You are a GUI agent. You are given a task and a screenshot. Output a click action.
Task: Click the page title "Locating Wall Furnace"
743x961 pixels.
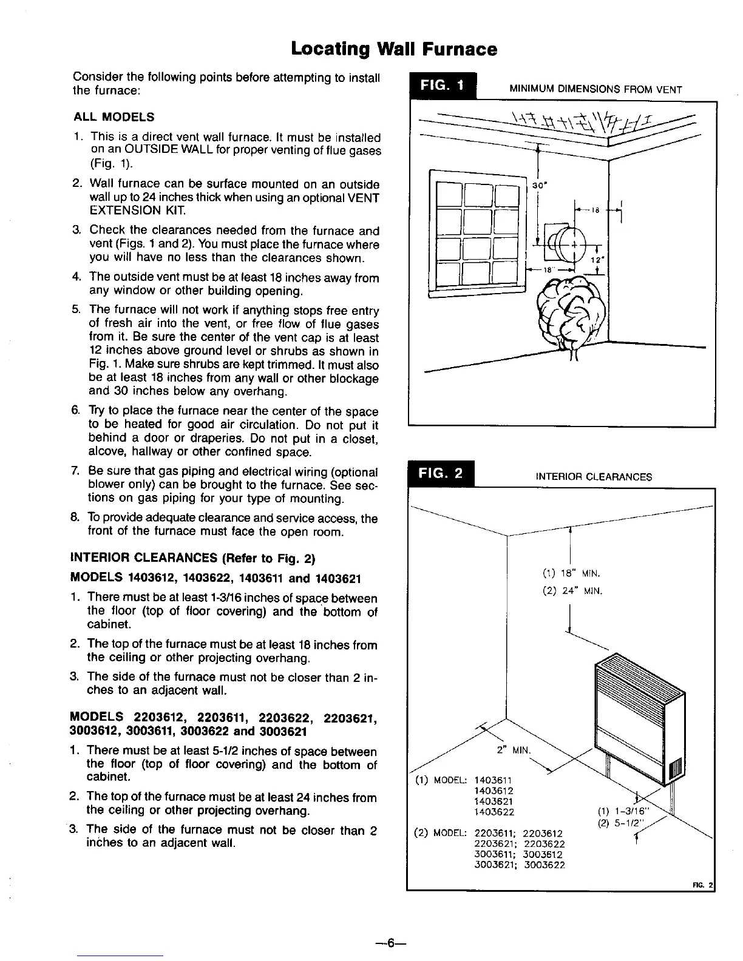[x=394, y=49]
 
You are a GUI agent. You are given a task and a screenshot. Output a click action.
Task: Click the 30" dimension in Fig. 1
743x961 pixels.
[x=538, y=185]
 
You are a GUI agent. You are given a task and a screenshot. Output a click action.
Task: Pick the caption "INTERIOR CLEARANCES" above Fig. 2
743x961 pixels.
[x=594, y=477]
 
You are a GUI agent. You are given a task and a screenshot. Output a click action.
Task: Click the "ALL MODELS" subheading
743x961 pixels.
[x=114, y=116]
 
